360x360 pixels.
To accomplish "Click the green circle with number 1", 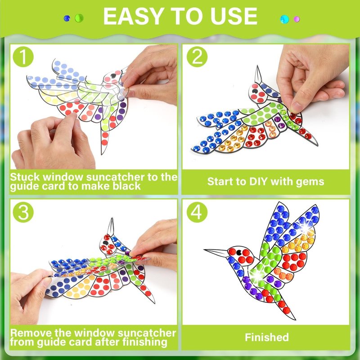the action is click(23, 57).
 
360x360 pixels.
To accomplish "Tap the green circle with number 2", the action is click(197, 57).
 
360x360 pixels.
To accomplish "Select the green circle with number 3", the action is click(23, 212).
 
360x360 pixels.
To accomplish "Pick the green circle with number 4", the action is click(197, 212).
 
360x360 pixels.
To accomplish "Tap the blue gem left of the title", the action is click(67, 18).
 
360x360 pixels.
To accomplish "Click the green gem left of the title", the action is click(79, 18).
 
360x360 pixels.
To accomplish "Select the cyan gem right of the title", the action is click(285, 19).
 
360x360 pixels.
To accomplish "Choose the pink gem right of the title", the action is click(297, 19).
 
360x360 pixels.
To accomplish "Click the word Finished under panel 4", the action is click(267, 337).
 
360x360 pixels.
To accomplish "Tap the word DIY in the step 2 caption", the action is click(257, 181).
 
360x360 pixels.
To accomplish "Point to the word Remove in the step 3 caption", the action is click(31, 333).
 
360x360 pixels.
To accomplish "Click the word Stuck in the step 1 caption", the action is click(25, 177).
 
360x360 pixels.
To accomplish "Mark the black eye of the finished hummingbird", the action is click(239, 253).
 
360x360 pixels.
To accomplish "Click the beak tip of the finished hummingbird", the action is click(204, 250).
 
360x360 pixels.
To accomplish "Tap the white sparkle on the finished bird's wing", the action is click(305, 228).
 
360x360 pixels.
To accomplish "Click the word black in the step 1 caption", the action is click(127, 186).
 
